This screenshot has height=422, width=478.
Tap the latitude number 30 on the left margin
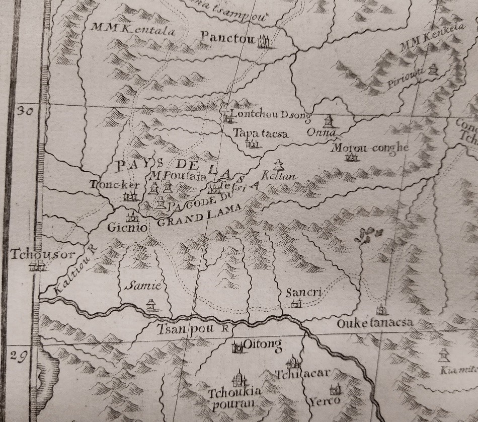coord(24,112)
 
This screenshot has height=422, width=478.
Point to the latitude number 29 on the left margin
coord(19,356)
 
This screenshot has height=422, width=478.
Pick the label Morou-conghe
coord(369,148)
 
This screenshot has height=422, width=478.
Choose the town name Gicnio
coord(127,228)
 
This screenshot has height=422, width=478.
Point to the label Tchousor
coord(35,255)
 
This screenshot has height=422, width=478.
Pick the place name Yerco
coord(324,401)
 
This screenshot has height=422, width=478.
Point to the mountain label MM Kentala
coord(132,30)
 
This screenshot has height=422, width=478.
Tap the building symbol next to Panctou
coord(264,41)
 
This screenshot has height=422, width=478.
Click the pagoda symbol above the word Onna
coord(328,121)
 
